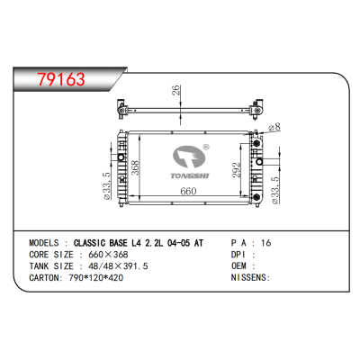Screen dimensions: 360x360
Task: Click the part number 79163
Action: click(x=56, y=78)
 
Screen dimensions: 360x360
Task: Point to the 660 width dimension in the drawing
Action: click(x=187, y=190)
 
